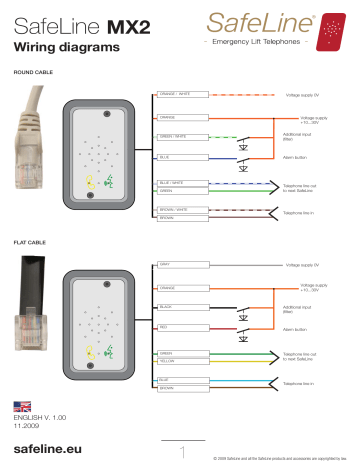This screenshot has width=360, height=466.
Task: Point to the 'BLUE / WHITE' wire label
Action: point(171,182)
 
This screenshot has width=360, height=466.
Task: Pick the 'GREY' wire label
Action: point(165,265)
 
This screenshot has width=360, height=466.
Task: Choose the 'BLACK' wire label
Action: point(167,307)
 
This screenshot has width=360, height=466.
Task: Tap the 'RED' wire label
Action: point(164,327)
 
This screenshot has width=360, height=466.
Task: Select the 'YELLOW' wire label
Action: point(167,360)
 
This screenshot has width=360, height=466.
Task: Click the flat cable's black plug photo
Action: point(29,300)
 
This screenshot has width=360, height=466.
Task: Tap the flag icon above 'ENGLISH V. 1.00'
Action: point(19,406)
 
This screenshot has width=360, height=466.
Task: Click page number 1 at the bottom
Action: point(181,450)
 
